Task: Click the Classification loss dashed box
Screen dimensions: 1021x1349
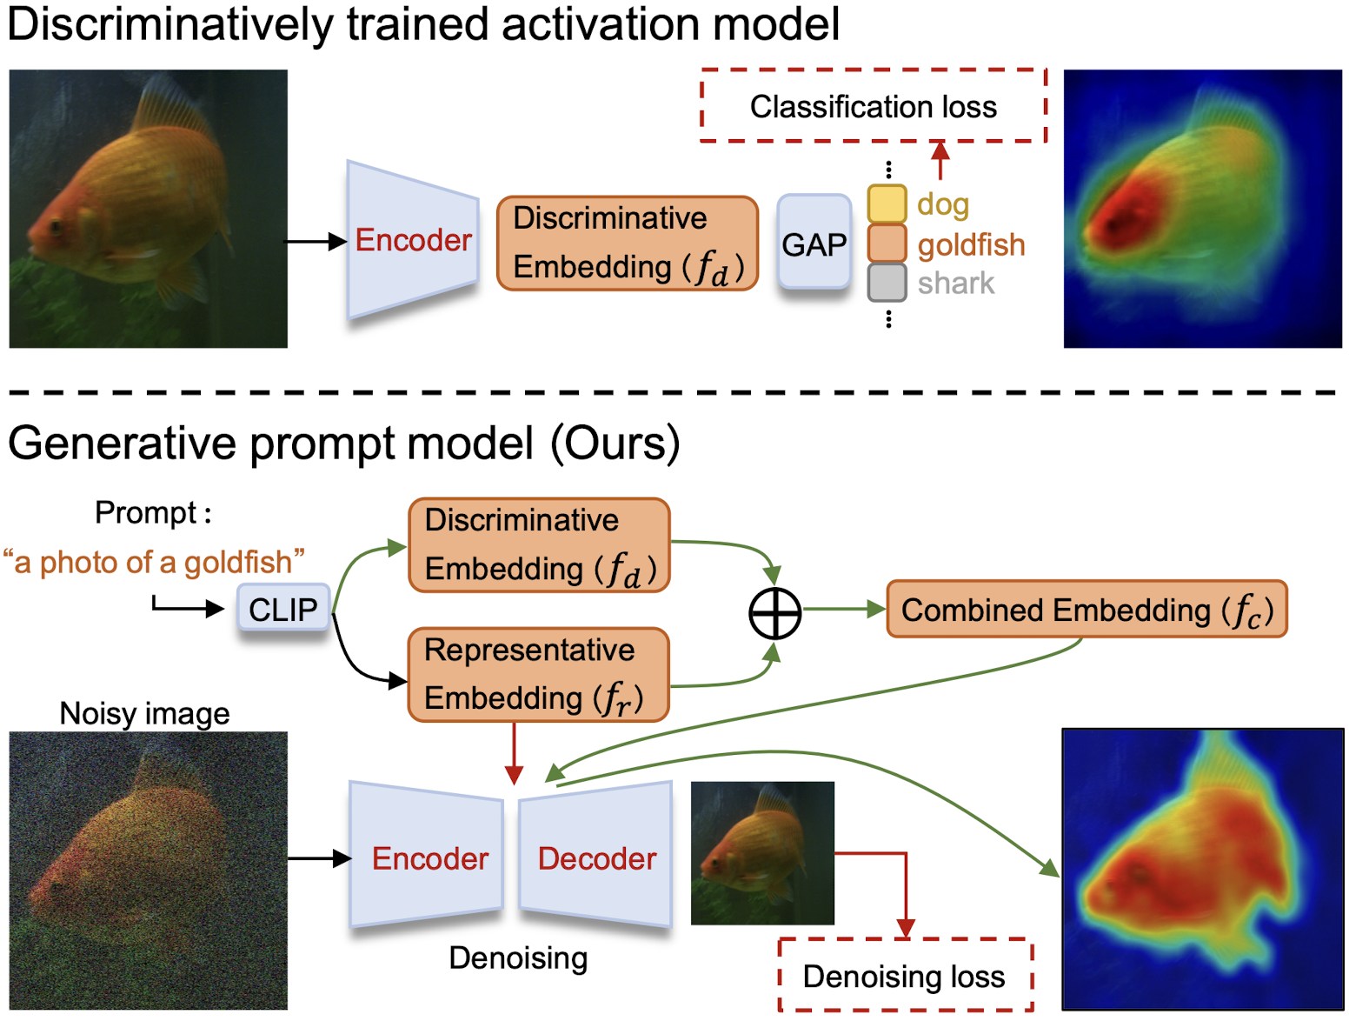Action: coord(873,106)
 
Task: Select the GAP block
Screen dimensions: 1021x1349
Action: coord(814,244)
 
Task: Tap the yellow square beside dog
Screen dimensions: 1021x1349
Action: coord(887,204)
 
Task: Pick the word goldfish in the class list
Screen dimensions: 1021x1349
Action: coord(971,245)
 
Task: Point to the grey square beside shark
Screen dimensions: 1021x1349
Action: coord(887,284)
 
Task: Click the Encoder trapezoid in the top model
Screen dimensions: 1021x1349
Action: coord(413,240)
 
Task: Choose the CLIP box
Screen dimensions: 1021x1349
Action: coord(283,609)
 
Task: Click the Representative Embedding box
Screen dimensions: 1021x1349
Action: coord(538,675)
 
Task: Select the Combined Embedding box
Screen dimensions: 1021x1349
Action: coord(1087,610)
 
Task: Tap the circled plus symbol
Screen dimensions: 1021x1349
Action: coord(774,612)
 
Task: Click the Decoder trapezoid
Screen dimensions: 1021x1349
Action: coord(596,858)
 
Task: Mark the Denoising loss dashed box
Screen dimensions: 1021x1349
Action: coord(904,976)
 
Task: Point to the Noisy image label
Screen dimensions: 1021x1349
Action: coord(144,713)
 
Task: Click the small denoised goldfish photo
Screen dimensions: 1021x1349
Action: coord(762,852)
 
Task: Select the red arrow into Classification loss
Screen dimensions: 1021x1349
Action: coord(940,159)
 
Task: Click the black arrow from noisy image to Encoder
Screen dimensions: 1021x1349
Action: coord(318,859)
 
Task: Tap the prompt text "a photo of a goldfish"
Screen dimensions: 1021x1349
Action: coord(154,563)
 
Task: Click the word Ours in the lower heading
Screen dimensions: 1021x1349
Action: coord(615,444)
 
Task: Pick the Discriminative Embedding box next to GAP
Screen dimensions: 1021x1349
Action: coord(627,244)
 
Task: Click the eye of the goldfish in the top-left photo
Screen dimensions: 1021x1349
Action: coord(56,227)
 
